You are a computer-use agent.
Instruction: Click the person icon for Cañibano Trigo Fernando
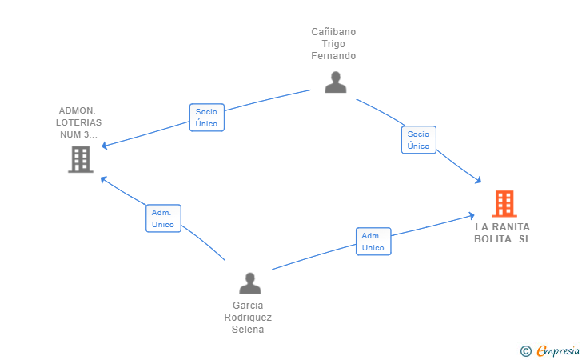(x=336, y=82)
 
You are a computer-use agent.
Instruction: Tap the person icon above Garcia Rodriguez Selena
(x=249, y=283)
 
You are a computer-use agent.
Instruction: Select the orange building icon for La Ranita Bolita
(x=504, y=203)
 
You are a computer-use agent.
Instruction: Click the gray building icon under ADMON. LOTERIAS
(x=81, y=159)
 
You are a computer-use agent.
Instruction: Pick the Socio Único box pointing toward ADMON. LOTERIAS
(x=207, y=118)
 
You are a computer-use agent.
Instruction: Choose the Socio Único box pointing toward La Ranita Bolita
(x=419, y=140)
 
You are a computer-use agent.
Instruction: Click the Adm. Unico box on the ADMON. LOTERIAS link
(x=163, y=218)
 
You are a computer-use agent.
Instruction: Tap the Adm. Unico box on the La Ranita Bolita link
(x=373, y=242)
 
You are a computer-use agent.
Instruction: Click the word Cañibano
(x=333, y=32)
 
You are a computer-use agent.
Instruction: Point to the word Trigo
(x=333, y=44)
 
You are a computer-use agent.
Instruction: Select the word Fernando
(x=333, y=56)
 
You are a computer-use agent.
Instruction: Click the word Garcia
(x=248, y=306)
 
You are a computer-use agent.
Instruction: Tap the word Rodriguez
(x=248, y=318)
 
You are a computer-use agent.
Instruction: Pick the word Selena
(x=248, y=330)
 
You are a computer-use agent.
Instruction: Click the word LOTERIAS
(x=78, y=122)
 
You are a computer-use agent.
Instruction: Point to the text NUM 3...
(x=74, y=134)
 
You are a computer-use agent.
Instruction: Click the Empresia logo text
(x=558, y=350)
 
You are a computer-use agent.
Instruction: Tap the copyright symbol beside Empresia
(x=526, y=351)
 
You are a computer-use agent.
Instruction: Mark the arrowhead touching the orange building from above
(x=478, y=180)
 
